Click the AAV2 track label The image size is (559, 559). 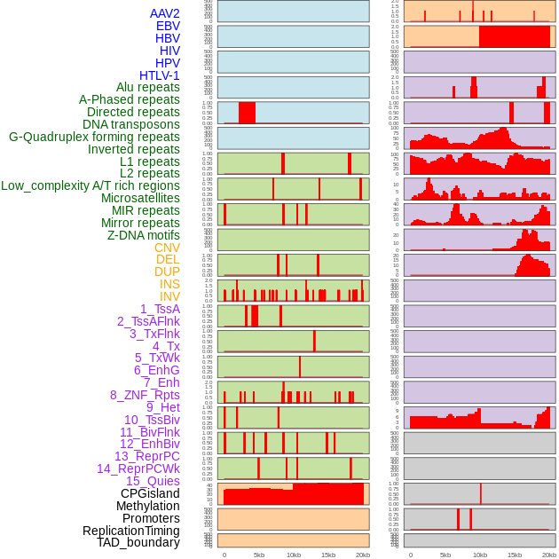(164, 13)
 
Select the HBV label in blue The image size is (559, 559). (167, 38)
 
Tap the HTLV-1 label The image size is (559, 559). (159, 75)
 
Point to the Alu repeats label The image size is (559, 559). (147, 87)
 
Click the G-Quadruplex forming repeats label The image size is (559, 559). (94, 137)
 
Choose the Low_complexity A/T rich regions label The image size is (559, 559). (90, 185)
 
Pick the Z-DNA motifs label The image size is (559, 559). (143, 235)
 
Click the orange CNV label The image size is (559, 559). (167, 248)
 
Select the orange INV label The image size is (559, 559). (169, 296)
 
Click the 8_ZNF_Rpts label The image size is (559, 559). (145, 395)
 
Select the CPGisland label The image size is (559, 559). (150, 493)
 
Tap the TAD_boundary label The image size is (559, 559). (138, 542)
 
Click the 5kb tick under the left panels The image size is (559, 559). (259, 555)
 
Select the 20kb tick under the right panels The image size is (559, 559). (549, 555)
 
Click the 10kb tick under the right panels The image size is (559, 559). (479, 555)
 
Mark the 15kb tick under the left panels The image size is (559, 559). (328, 555)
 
